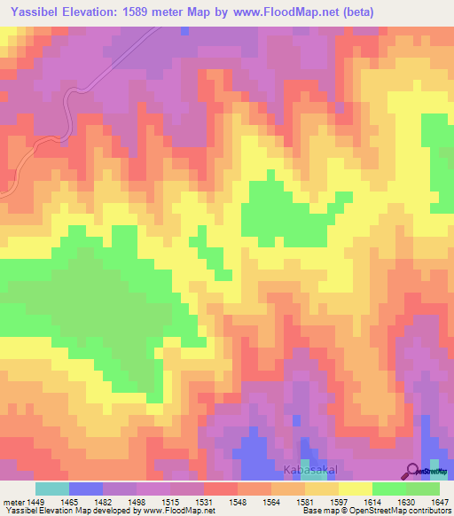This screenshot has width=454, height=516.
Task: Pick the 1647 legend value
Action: [441, 501]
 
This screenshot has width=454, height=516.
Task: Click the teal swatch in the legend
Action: [52, 489]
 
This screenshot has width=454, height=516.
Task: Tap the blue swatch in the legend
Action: [86, 489]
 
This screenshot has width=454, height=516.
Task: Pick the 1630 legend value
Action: [406, 501]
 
